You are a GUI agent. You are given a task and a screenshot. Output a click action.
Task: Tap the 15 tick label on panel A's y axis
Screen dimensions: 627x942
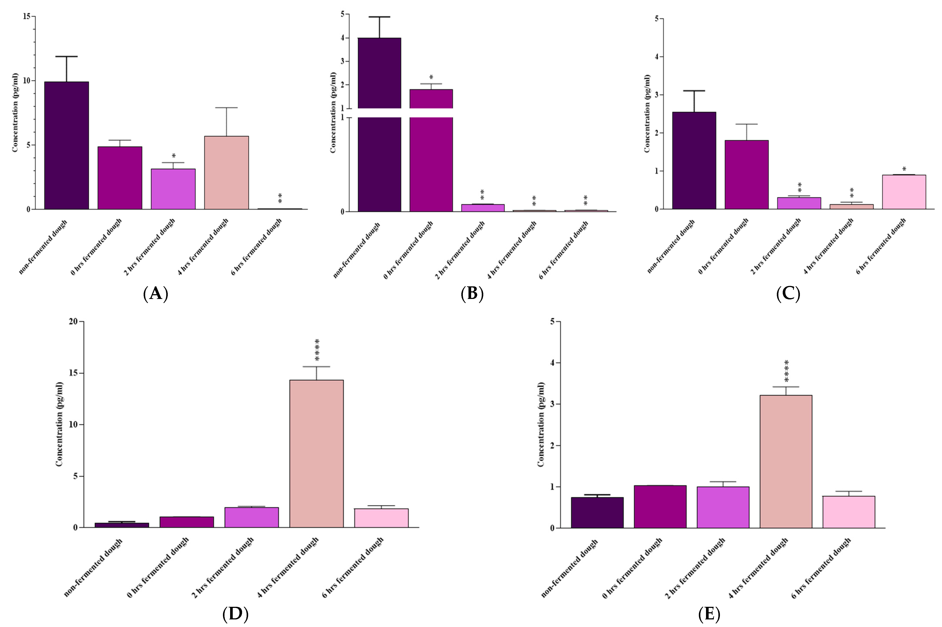coord(27,16)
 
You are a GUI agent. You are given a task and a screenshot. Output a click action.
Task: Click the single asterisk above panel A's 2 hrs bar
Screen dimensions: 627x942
coord(174,155)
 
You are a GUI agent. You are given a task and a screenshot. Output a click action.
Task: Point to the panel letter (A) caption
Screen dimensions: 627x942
coord(155,294)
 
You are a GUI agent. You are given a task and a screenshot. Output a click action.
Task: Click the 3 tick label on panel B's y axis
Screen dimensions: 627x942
coord(342,61)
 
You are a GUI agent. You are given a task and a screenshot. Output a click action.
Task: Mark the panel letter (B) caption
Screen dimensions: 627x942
coord(472,294)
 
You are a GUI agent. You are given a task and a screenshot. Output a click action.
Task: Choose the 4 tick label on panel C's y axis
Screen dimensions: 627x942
coord(656,57)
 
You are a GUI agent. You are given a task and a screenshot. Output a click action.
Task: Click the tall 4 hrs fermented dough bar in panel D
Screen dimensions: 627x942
coord(317,454)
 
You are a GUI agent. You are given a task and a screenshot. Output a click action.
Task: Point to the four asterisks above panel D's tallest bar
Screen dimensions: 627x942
coord(317,350)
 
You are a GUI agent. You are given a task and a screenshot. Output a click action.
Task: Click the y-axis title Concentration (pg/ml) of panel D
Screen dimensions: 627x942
coord(59,424)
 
